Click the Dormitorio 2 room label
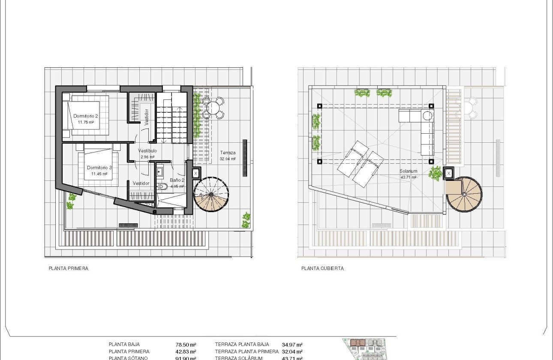tap(86, 116)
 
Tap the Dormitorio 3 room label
tap(99, 168)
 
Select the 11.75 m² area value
tap(86, 122)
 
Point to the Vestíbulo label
tap(147, 151)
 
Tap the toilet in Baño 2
tap(162, 186)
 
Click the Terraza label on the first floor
tap(228, 153)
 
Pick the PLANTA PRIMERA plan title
tap(69, 269)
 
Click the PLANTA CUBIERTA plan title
tap(322, 269)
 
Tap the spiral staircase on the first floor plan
tap(211, 195)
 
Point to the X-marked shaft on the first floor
tap(195, 173)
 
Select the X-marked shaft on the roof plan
tap(448, 173)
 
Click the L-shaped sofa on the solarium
tap(423, 129)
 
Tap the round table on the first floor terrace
tap(212, 107)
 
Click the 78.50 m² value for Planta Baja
tap(186, 344)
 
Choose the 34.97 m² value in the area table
tap(292, 344)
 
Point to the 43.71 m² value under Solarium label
tap(408, 177)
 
